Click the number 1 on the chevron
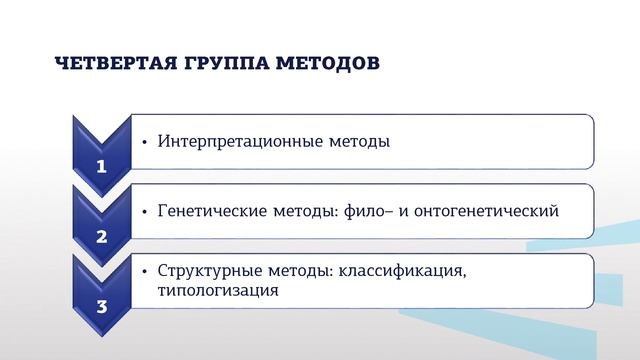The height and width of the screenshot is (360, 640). tap(101, 167)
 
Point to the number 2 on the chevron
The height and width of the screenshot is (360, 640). tap(101, 237)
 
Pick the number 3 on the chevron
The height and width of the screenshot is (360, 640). tap(101, 307)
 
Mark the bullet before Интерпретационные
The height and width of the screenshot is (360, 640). tap(146, 142)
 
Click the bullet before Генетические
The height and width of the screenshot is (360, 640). tap(146, 212)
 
